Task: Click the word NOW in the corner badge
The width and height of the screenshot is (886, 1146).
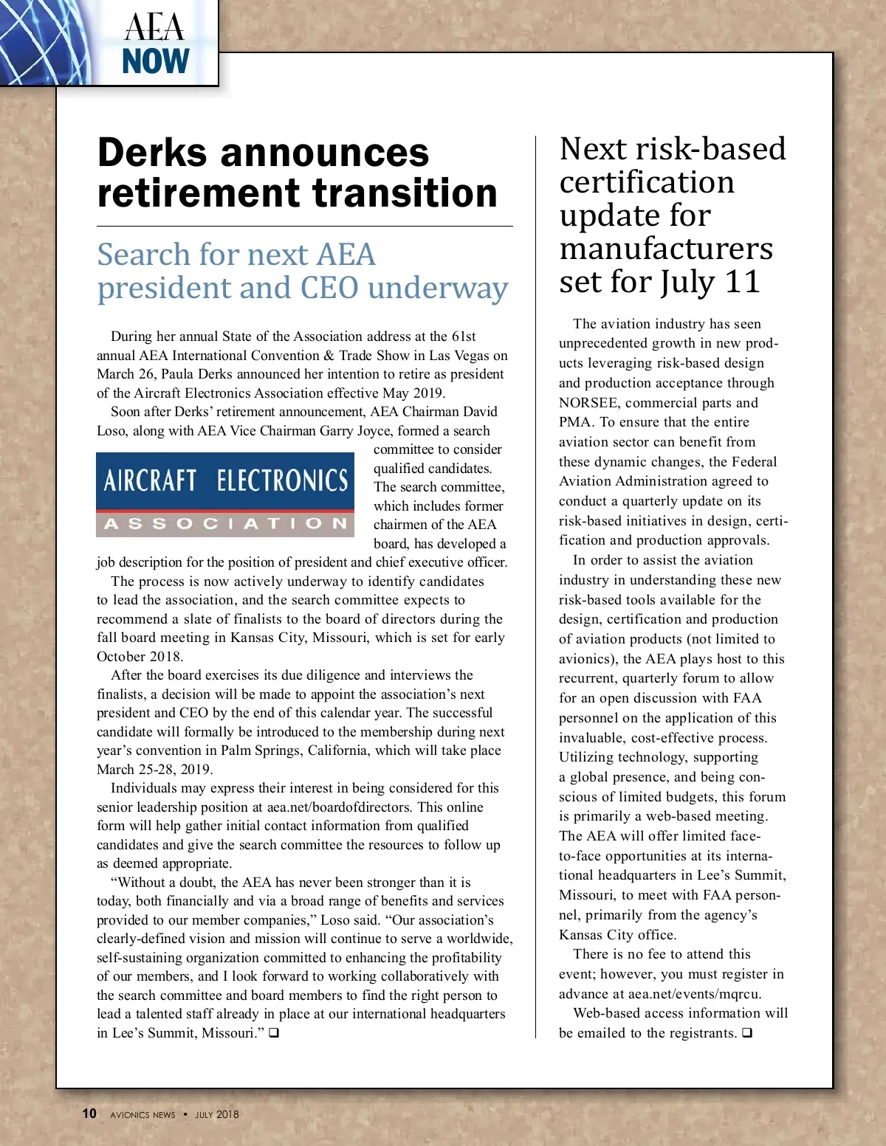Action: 156,61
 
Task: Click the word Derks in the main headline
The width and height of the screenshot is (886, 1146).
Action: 153,153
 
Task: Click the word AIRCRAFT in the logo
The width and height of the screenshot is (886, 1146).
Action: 150,481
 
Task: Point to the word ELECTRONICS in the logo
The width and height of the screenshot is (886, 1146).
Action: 282,481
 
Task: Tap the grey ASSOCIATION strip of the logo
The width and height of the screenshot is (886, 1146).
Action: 225,523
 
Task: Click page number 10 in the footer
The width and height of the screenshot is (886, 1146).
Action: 89,1114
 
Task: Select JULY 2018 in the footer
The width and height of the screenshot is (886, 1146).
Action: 217,1114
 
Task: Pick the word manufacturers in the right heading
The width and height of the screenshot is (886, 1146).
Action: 666,249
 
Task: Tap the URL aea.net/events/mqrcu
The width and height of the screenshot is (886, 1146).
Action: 695,994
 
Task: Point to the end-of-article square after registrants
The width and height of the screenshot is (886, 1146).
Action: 747,1033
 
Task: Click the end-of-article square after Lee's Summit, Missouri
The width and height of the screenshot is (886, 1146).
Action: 274,1033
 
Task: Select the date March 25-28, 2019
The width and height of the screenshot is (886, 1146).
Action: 154,770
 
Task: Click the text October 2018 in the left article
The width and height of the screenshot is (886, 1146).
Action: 139,657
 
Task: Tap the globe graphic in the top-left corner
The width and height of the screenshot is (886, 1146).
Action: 41,41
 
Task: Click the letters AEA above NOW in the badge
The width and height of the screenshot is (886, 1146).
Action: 154,28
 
